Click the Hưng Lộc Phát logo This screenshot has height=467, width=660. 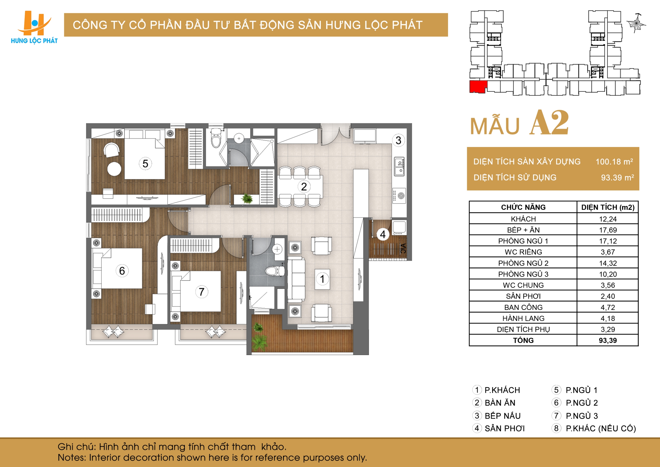point(34,27)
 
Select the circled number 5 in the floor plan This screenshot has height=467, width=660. point(145,164)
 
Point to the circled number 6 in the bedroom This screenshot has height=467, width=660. point(122,271)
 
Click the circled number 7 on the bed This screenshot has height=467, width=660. point(202,292)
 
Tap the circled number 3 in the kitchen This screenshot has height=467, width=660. point(398,140)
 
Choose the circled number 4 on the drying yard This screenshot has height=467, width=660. point(383,234)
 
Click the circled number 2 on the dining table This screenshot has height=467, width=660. point(304,187)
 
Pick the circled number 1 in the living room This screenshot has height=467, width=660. point(322,279)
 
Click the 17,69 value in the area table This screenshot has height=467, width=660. point(608,230)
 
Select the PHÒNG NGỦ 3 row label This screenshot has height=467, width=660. point(523,274)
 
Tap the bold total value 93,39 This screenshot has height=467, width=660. point(608,340)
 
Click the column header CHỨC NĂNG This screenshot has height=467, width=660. point(523,207)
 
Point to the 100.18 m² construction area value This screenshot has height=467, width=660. point(614,161)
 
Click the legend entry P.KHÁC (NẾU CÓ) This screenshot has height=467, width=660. point(601,428)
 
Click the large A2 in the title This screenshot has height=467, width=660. point(549,122)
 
